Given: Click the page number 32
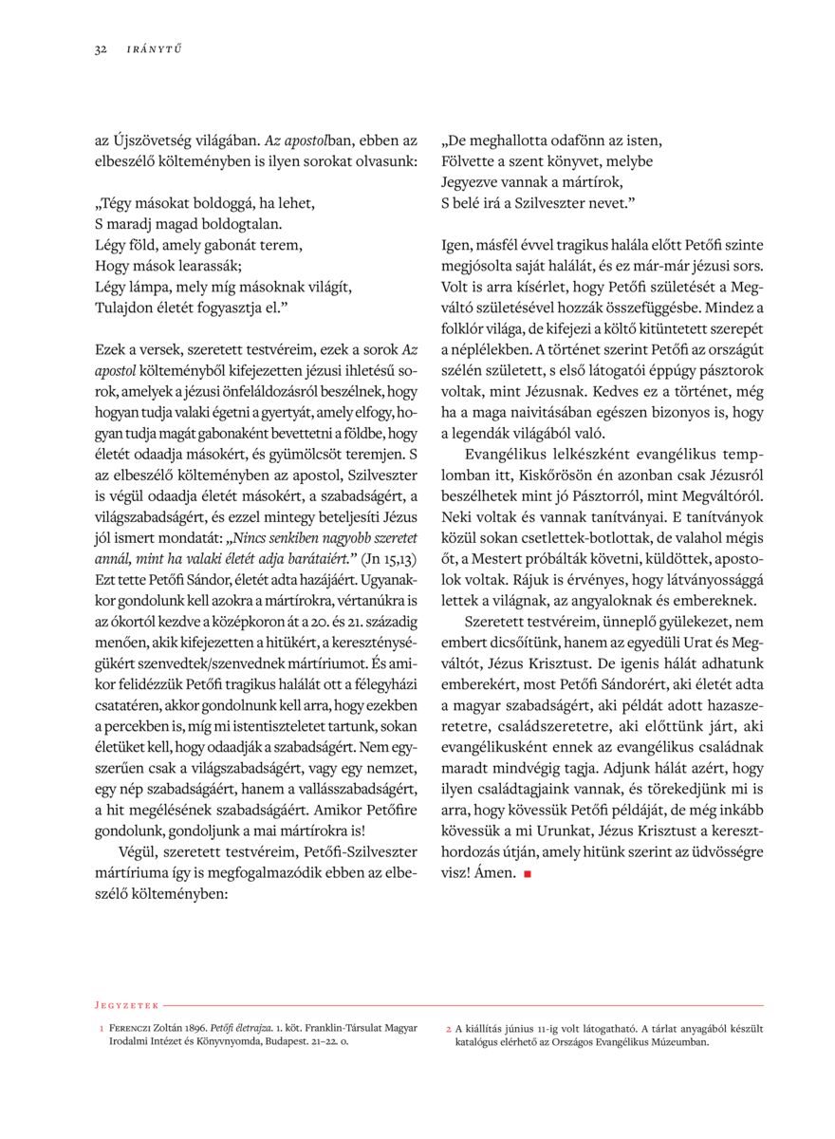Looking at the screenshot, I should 100,50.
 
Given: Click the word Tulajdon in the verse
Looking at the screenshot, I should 125,307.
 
